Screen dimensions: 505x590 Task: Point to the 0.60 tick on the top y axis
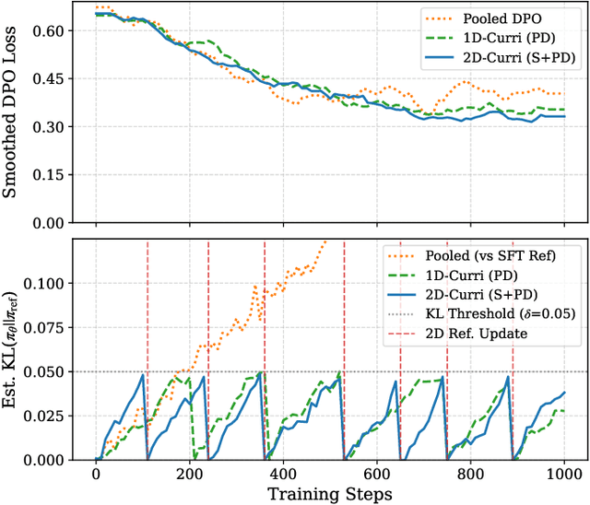click(51, 30)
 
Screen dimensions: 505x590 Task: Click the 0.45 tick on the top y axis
click(51, 78)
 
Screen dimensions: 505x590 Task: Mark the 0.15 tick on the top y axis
click(51, 175)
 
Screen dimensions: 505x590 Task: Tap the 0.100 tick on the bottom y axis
click(45, 284)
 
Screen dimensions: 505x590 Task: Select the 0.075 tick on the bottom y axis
click(45, 328)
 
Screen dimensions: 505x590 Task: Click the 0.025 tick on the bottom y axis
click(45, 416)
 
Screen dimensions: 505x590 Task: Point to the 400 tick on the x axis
click(282, 475)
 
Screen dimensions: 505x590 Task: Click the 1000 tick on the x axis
click(561, 475)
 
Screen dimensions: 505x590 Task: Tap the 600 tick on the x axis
click(375, 475)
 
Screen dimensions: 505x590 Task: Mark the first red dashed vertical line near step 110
click(147, 350)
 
